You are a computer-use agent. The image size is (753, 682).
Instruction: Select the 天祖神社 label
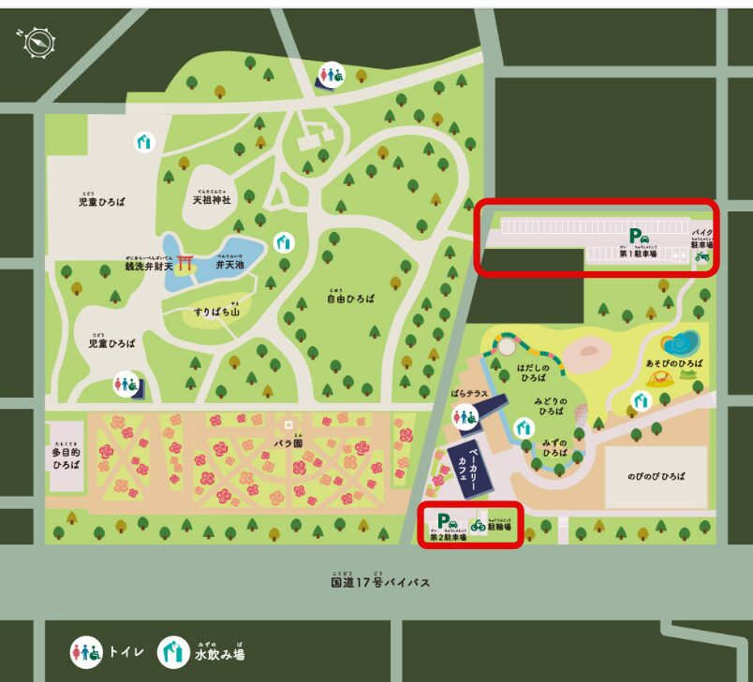click(212, 199)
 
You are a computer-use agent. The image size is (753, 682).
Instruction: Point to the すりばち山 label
click(217, 310)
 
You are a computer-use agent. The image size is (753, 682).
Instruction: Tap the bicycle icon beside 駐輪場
click(479, 526)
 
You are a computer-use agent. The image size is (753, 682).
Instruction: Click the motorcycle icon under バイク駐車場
click(701, 255)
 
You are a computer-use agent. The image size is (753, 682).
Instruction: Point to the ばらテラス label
click(470, 394)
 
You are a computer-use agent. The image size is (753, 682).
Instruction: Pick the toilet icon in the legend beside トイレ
click(86, 652)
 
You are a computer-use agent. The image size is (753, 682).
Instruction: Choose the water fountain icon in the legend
click(173, 652)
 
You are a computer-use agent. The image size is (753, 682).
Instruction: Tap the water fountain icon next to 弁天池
click(284, 242)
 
